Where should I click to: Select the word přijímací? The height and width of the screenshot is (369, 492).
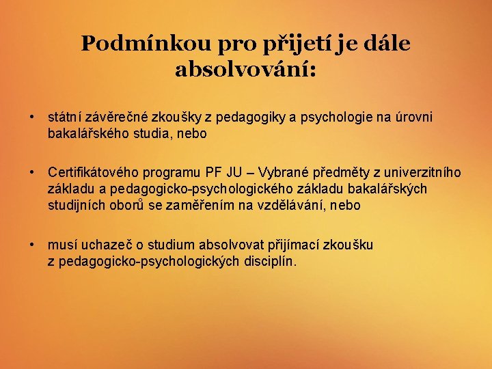point(299,244)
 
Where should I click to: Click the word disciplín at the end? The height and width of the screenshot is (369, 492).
point(271,261)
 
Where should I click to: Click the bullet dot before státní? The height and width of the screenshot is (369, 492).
point(32,118)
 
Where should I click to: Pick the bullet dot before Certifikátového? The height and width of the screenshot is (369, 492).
point(32,172)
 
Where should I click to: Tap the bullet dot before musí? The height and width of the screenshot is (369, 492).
point(32,244)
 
